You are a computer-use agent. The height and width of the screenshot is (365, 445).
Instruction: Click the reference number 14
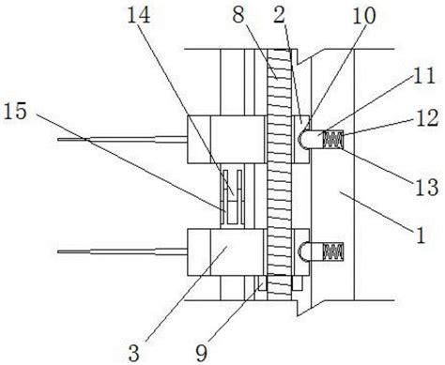pyautogui.click(x=139, y=15)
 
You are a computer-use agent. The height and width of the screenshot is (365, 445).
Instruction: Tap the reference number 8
pyautogui.click(x=238, y=15)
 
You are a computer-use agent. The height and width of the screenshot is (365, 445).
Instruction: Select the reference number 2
pyautogui.click(x=279, y=15)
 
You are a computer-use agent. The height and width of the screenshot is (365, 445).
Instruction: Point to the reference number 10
pyautogui.click(x=364, y=16)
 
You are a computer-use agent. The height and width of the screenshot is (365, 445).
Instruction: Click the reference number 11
pyautogui.click(x=424, y=75)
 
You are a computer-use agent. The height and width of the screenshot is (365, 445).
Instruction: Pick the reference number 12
pyautogui.click(x=427, y=118)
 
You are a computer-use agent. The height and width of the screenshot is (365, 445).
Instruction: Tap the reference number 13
pyautogui.click(x=427, y=187)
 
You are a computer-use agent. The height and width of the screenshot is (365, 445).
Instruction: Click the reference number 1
pyautogui.click(x=421, y=236)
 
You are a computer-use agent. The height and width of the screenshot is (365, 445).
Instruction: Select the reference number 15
pyautogui.click(x=15, y=112)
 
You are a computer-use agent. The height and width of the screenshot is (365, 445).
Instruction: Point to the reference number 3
pyautogui.click(x=134, y=354)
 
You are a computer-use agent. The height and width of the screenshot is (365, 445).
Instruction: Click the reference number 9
pyautogui.click(x=202, y=354)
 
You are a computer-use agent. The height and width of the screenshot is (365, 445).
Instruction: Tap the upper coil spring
pyautogui.click(x=333, y=139)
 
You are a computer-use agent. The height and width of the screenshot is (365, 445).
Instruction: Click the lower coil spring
pyautogui.click(x=333, y=251)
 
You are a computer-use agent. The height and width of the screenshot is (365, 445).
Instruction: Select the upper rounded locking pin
pyautogui.click(x=310, y=139)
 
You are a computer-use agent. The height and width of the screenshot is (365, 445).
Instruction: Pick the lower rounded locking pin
pyautogui.click(x=311, y=251)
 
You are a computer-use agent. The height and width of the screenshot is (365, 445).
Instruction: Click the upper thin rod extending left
pyautogui.click(x=122, y=139)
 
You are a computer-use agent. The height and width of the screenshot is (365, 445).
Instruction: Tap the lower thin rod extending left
pyautogui.click(x=122, y=251)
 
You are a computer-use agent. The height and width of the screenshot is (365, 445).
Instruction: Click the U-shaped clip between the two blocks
pyautogui.click(x=232, y=197)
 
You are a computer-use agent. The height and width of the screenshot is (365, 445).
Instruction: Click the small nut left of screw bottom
pyautogui.click(x=261, y=283)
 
